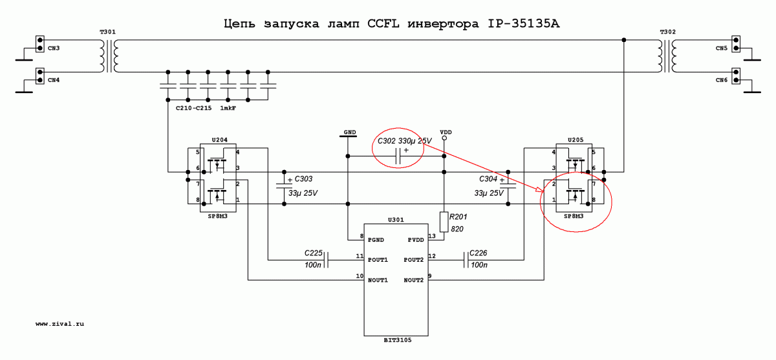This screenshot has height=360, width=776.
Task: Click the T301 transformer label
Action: click(x=108, y=32)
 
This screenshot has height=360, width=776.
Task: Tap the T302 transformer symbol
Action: click(x=667, y=56)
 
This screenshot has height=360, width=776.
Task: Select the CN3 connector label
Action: click(x=54, y=48)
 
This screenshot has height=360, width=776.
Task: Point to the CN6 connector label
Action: click(x=722, y=80)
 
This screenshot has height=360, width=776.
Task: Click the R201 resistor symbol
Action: click(x=444, y=222)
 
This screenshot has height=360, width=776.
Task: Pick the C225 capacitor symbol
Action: click(x=326, y=260)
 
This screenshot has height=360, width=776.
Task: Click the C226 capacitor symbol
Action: click(x=466, y=260)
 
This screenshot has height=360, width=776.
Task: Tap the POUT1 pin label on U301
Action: click(x=378, y=260)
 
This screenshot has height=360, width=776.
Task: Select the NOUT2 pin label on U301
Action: click(x=414, y=280)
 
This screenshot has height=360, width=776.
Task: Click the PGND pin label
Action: click(x=376, y=240)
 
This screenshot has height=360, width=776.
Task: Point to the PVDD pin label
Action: click(x=416, y=240)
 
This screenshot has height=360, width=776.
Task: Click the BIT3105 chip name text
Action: click(x=398, y=340)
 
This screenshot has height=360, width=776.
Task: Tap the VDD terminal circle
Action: click(x=444, y=138)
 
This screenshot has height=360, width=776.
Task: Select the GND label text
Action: click(x=350, y=132)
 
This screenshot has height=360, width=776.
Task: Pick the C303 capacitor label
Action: click(x=303, y=179)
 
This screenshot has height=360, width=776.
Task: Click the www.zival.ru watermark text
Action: click(x=59, y=324)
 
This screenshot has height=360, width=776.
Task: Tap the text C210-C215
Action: click(x=193, y=108)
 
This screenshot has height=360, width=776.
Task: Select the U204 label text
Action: click(x=220, y=140)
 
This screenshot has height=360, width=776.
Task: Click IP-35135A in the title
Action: click(x=523, y=23)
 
